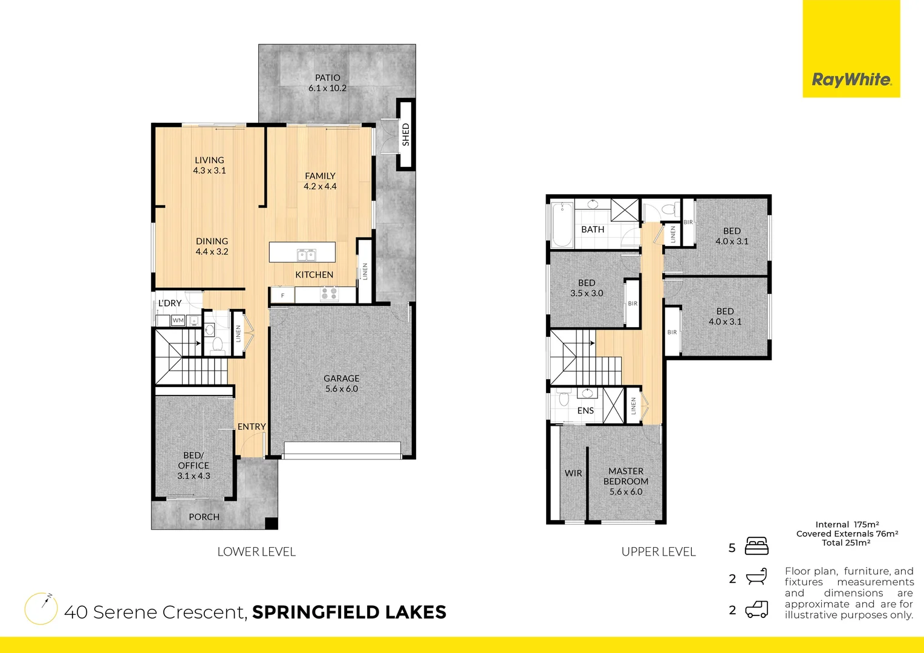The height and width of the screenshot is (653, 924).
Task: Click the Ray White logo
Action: click(x=851, y=80)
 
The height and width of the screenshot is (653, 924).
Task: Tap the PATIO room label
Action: click(x=327, y=83)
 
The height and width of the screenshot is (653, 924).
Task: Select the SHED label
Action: click(x=406, y=134)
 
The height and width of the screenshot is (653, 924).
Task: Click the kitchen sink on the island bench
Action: click(x=306, y=255)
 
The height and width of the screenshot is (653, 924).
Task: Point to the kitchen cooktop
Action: click(x=329, y=294)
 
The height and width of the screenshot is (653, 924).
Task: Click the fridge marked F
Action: click(x=282, y=296)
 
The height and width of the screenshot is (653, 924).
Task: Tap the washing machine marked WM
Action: click(x=178, y=320)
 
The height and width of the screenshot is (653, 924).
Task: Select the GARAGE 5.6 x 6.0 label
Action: click(x=342, y=383)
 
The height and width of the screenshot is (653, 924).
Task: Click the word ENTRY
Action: click(x=252, y=427)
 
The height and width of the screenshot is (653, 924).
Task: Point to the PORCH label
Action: click(x=204, y=517)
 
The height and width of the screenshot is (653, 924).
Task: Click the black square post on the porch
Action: click(x=272, y=524)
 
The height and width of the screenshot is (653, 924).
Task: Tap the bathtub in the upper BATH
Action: click(x=562, y=225)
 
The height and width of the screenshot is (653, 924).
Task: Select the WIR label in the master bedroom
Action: click(x=573, y=473)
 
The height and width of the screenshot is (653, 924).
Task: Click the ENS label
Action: click(x=585, y=411)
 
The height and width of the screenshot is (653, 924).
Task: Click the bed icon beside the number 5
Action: click(x=756, y=546)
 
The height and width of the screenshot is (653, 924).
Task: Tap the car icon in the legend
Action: click(x=756, y=609)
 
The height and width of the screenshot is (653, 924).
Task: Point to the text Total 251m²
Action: click(x=846, y=543)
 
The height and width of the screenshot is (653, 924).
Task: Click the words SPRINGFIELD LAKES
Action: click(x=349, y=612)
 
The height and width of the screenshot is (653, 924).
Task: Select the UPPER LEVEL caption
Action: click(x=659, y=551)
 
